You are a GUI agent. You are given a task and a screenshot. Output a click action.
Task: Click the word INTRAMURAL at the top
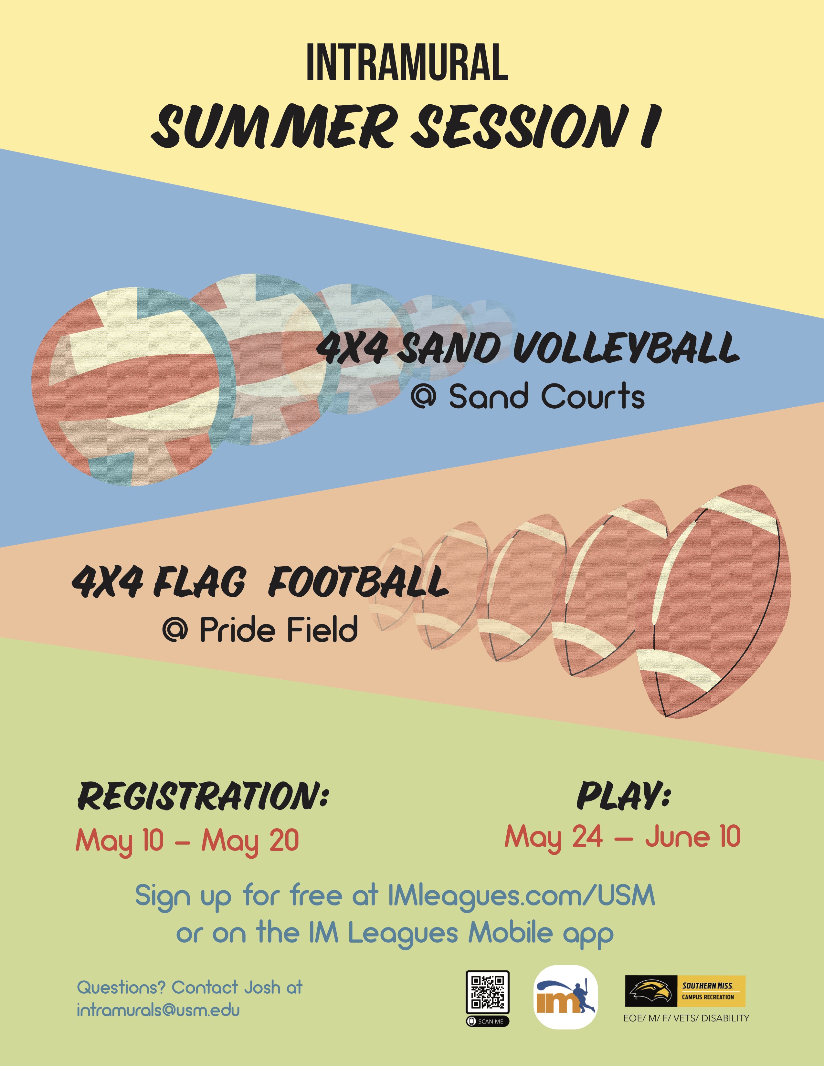(407, 62)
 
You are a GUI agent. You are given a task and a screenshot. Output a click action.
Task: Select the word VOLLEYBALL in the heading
(626, 348)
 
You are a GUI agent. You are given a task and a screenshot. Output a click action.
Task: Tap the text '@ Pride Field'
(260, 629)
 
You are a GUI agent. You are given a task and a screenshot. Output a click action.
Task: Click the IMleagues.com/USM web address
(521, 895)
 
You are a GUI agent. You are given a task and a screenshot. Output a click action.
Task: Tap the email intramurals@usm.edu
(158, 1010)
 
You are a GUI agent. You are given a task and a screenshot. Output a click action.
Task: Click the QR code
(488, 992)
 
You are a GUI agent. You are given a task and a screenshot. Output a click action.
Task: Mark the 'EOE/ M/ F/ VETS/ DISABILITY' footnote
(686, 1018)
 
